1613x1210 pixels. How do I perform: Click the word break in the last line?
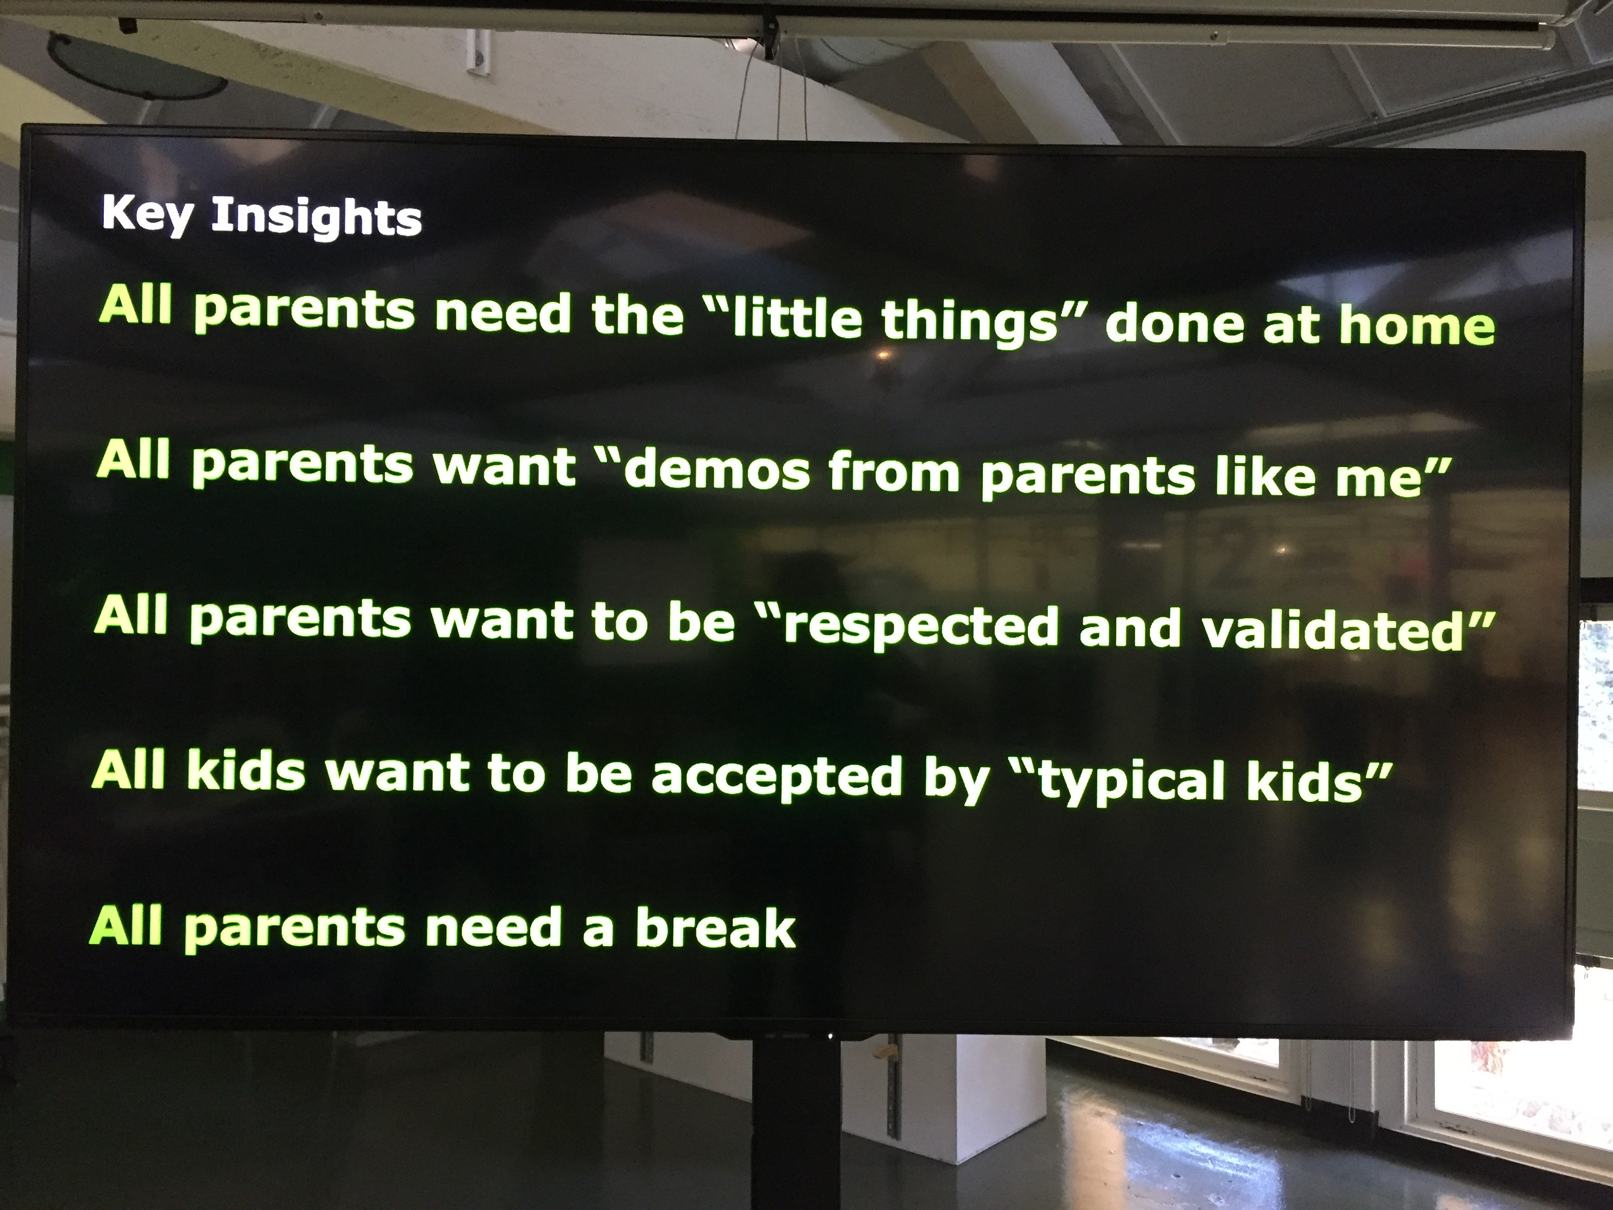715,928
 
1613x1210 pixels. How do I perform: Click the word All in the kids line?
129,770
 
